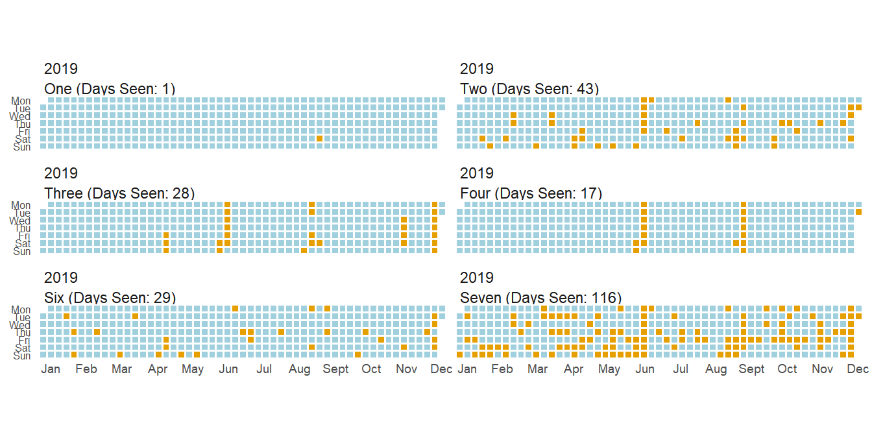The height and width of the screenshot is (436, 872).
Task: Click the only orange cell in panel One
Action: [x=319, y=138]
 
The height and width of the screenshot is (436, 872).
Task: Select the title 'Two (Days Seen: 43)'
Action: [x=529, y=89]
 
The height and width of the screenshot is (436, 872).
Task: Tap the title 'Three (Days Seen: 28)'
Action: [x=119, y=193]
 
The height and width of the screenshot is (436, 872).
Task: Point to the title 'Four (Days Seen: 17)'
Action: [x=531, y=193]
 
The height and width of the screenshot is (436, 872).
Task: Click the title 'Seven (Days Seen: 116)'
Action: [x=540, y=298]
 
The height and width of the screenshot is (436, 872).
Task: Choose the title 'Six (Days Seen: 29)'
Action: [x=110, y=298]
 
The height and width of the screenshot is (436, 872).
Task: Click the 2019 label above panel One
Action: [x=61, y=69]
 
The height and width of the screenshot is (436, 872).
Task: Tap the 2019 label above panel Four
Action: [x=477, y=173]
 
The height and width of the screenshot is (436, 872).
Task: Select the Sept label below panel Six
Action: [x=335, y=369]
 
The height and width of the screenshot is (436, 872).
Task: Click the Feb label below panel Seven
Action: [x=502, y=369]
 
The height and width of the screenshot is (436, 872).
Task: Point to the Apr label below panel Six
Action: [x=158, y=369]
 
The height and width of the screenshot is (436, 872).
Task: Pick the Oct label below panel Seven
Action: [x=787, y=369]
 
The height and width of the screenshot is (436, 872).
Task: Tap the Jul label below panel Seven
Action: [x=681, y=369]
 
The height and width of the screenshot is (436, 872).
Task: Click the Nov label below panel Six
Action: [x=406, y=369]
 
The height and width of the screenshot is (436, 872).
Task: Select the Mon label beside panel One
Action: [x=21, y=101]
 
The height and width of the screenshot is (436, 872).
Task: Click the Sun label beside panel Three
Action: [x=22, y=251]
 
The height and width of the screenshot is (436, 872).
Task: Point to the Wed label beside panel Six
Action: [x=19, y=325]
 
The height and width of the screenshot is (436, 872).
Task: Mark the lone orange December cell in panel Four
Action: [x=858, y=212]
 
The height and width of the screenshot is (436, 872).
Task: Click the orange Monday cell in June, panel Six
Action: [x=235, y=308]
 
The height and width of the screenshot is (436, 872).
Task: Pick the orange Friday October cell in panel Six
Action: [x=381, y=339]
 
